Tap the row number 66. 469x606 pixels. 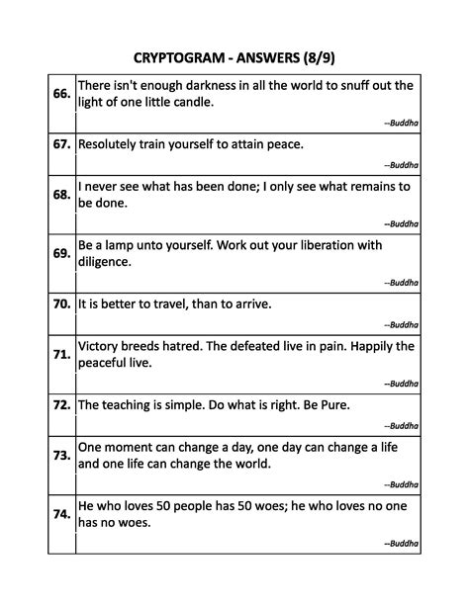60,93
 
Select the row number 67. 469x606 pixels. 60,144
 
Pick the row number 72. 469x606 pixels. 60,405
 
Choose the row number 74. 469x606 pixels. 60,514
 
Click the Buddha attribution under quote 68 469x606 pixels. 401,222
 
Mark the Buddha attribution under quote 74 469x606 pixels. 401,543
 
